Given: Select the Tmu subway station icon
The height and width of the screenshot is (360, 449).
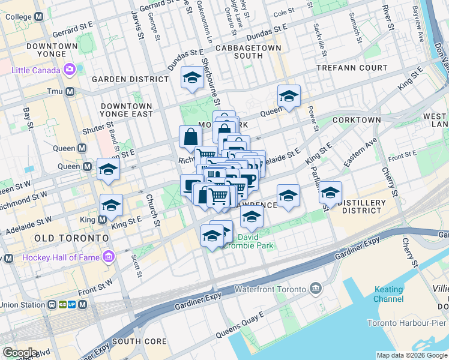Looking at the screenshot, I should [x=70, y=92].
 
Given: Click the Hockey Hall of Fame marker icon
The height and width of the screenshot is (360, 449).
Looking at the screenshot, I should [x=109, y=257].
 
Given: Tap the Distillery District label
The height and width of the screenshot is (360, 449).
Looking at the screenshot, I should [x=362, y=206].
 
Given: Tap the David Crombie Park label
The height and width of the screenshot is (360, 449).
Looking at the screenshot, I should [x=247, y=241].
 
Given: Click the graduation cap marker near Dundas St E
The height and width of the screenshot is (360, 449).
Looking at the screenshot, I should [x=192, y=77].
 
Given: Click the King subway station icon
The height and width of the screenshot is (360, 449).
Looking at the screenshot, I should [x=102, y=220].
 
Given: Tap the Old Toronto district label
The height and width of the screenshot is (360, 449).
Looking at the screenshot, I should [x=72, y=238].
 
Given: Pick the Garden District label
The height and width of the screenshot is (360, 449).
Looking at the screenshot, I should [x=130, y=79].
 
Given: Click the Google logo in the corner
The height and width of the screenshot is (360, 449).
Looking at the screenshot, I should [x=20, y=353].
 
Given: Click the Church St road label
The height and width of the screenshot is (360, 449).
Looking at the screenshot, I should [x=154, y=211].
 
